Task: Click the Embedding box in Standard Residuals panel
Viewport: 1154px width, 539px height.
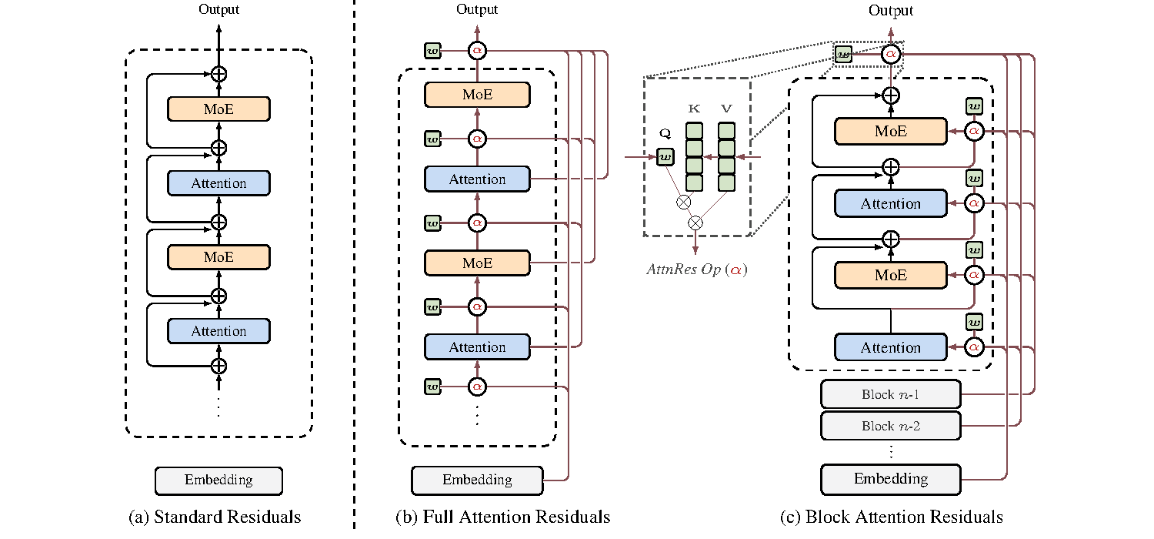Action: tap(218, 480)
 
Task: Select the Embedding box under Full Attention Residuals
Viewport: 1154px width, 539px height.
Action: tap(477, 480)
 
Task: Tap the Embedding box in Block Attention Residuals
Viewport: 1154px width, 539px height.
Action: tap(891, 479)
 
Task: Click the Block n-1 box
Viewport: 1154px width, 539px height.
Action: tap(891, 394)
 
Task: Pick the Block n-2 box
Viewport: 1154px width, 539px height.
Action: tap(891, 425)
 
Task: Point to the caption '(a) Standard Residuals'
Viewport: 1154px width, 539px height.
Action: tap(215, 517)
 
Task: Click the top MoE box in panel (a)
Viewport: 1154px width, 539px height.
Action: tap(218, 109)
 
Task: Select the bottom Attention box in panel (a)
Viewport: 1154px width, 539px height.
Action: tap(218, 331)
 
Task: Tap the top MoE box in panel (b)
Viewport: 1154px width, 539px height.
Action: tap(477, 95)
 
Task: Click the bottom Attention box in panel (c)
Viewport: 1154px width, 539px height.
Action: tap(891, 347)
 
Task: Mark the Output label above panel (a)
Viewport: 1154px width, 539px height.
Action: tap(218, 10)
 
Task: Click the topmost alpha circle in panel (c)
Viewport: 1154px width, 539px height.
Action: tap(891, 54)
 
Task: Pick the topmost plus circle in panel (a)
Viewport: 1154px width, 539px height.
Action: tap(219, 74)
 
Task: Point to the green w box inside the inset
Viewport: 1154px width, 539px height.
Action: tap(664, 158)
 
